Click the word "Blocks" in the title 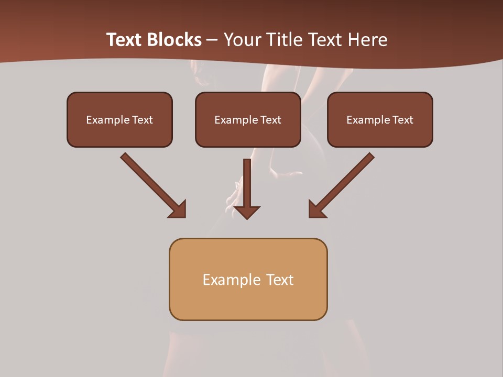(175, 40)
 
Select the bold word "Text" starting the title (125, 40)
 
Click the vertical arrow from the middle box (247, 183)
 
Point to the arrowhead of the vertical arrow (247, 212)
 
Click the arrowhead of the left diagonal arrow (178, 209)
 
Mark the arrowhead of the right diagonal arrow (316, 209)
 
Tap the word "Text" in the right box (402, 120)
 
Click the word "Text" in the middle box (270, 120)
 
